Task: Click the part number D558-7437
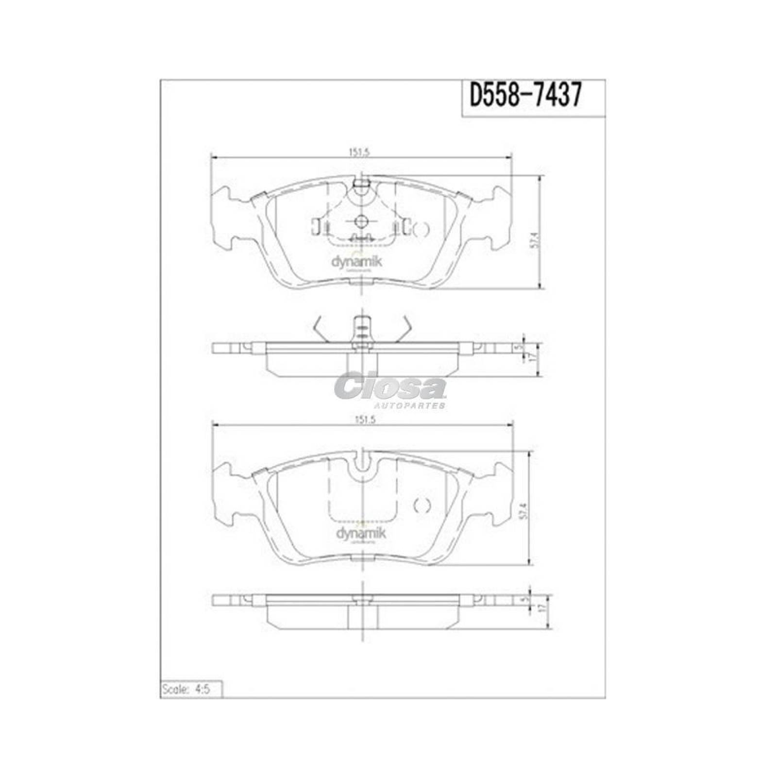pos(524,96)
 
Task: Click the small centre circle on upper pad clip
pos(361,221)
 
